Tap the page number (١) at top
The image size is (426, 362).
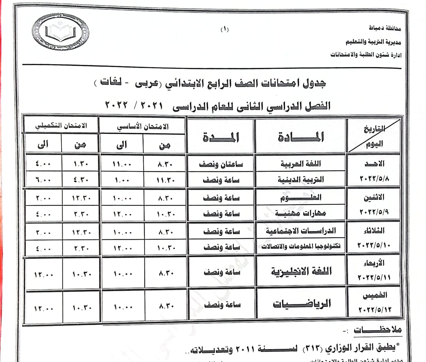point(224,30)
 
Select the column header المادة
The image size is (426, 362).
point(301,137)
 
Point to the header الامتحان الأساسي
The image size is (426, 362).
point(143,126)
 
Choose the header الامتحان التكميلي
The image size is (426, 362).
point(61,126)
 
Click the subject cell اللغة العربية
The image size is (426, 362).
point(301,164)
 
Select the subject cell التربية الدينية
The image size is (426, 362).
point(301,180)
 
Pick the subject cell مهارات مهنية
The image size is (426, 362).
point(301,214)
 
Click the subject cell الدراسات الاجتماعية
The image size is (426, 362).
point(301,231)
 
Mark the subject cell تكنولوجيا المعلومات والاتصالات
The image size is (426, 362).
point(301,247)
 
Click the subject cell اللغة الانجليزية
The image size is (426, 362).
point(301,272)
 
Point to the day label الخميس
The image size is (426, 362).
point(375,295)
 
